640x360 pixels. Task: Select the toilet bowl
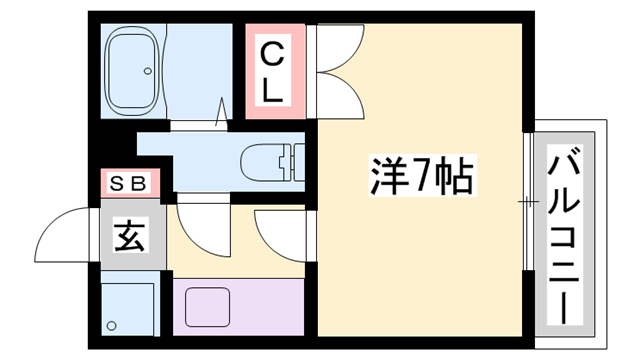pos(266,159)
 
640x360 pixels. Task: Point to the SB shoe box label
pos(129,184)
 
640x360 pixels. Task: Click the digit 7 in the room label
pos(417,179)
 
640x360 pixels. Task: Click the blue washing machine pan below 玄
pos(129,306)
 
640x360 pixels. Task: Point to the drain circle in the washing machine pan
pos(112,325)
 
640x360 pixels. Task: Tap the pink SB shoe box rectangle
pos(129,184)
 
